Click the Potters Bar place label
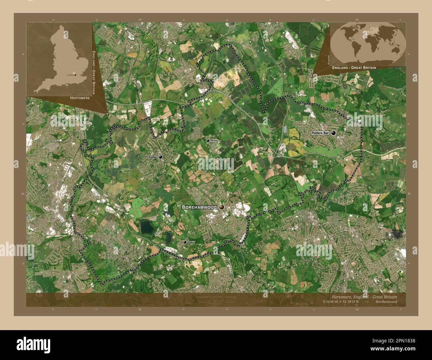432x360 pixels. pos(320,133)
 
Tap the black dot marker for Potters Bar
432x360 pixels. pos(333,133)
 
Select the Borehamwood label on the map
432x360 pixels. pos(199,207)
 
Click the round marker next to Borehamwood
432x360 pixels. pos(222,207)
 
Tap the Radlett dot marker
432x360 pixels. pos(161,157)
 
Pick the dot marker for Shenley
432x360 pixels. pos(208,141)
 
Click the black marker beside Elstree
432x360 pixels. pos(185,242)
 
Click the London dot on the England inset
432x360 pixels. pos(75,75)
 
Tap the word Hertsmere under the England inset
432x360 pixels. pos(80,98)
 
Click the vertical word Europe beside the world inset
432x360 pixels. pos(328,60)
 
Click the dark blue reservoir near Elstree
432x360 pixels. pos(146,227)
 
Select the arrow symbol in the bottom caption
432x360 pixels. pos(367,302)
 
